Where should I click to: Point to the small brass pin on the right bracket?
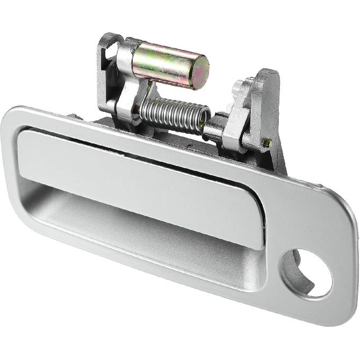coord(266,143)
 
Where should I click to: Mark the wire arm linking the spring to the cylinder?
coord(146,91)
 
